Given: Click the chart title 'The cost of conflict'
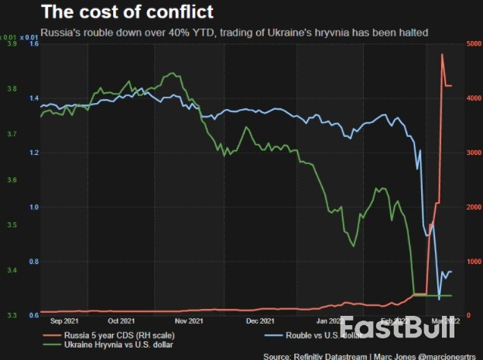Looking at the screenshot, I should pyautogui.click(x=128, y=12).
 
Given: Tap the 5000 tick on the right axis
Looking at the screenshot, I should pyautogui.click(x=473, y=45).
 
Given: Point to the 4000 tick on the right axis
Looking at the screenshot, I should pyautogui.click(x=473, y=99).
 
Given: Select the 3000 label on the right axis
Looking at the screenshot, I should pyautogui.click(x=473, y=153).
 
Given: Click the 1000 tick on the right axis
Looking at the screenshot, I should pyautogui.click(x=473, y=262).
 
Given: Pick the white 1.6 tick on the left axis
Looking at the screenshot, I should pyautogui.click(x=33, y=45).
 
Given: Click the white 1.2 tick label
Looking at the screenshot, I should pyautogui.click(x=33, y=153).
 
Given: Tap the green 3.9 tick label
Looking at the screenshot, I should pyautogui.click(x=12, y=45).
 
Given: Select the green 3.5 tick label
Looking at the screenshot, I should pyautogui.click(x=12, y=225).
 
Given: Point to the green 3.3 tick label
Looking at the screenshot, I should pyautogui.click(x=12, y=316).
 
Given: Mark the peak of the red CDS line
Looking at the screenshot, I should pyautogui.click(x=442, y=54).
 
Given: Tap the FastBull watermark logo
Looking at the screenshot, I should pyautogui.click(x=397, y=327).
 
